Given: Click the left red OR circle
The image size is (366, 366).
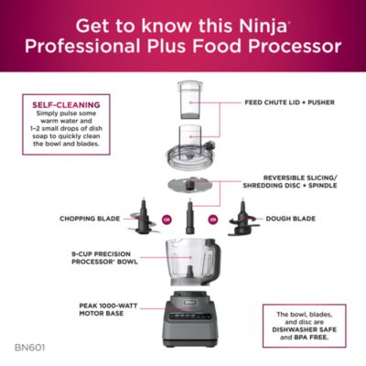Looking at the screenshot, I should [x=167, y=220].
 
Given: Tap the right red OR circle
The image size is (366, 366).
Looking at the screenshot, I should [x=213, y=220].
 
